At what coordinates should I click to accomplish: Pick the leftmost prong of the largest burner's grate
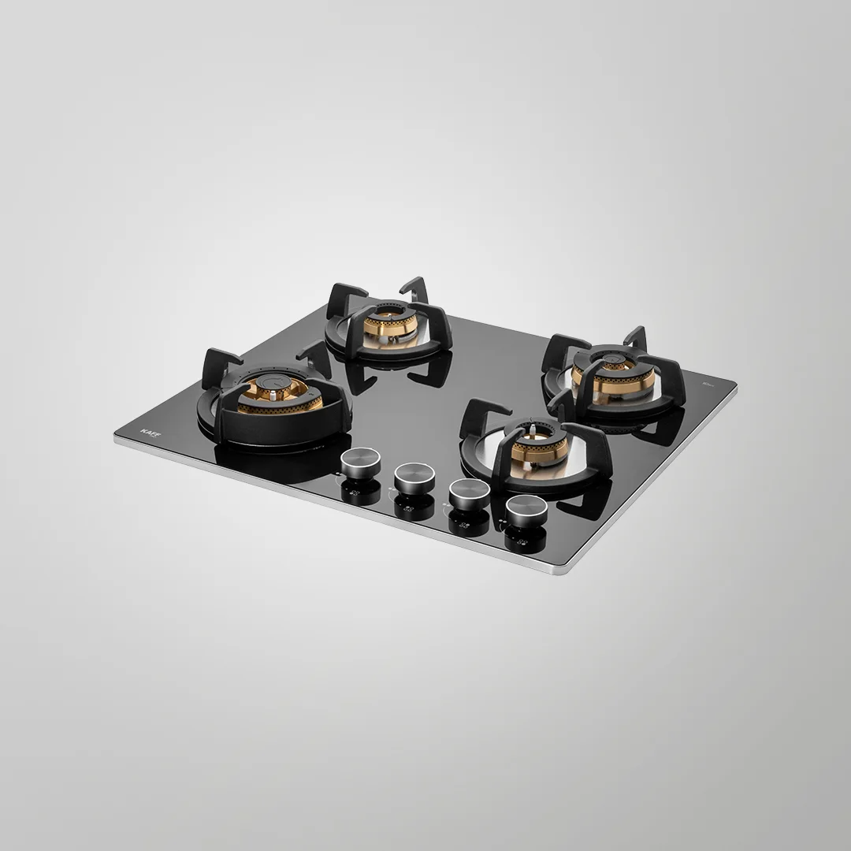coord(214,364)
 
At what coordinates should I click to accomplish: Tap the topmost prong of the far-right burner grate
coord(635,338)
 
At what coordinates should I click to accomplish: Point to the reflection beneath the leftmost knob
coord(359,493)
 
